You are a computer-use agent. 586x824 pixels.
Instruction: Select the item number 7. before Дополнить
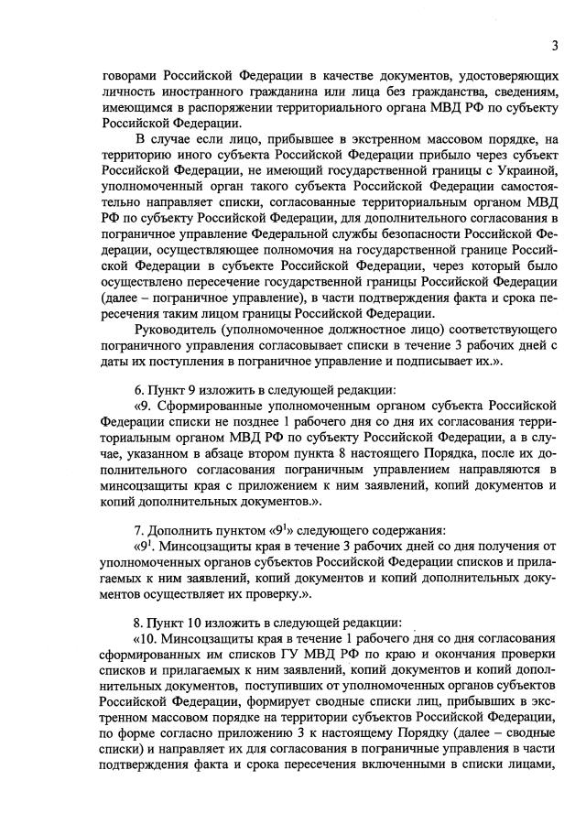point(139,529)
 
